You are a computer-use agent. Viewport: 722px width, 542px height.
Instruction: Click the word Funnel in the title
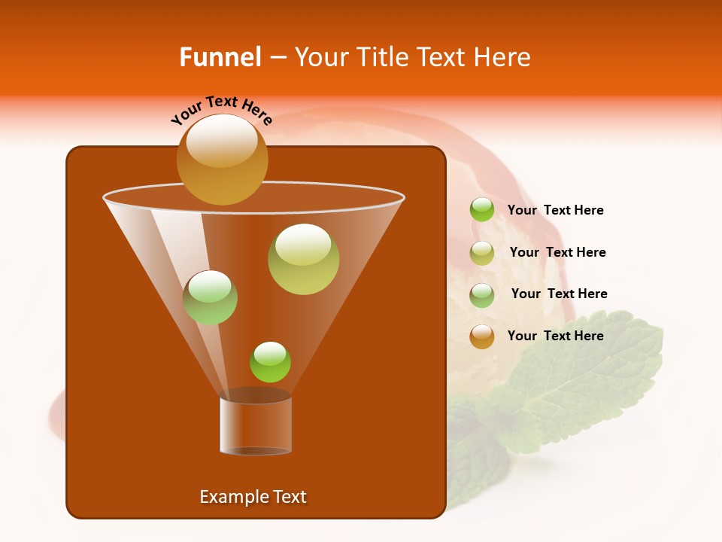(220, 56)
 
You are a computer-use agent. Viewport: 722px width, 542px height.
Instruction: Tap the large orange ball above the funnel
(222, 160)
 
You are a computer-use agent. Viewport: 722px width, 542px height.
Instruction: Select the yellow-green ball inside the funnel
(303, 259)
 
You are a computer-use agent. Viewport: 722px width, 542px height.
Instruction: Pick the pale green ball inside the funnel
(210, 297)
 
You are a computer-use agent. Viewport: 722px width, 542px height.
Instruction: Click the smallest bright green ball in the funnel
(270, 362)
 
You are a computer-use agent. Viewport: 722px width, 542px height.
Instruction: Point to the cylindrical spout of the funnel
(256, 425)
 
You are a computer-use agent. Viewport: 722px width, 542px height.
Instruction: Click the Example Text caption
(253, 497)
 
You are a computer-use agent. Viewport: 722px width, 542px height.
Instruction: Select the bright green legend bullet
(482, 210)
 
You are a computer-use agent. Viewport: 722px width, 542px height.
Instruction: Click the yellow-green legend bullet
(482, 253)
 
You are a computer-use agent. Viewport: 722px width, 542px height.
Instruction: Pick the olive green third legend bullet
(482, 295)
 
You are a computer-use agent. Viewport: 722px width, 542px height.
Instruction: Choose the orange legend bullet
(482, 336)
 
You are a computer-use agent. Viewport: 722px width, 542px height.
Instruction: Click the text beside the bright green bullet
(555, 211)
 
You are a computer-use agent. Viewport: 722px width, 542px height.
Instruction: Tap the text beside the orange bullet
(555, 336)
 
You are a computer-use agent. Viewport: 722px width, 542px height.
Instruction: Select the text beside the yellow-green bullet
(557, 253)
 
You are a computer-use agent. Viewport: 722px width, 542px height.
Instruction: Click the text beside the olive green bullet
(559, 294)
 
